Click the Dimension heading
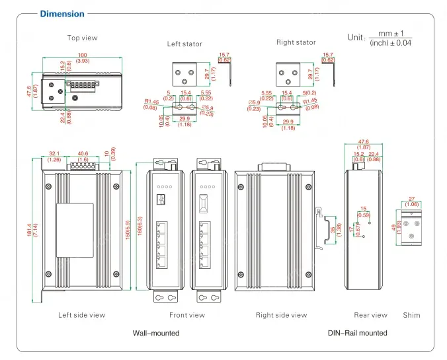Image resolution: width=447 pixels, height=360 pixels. click(62, 14)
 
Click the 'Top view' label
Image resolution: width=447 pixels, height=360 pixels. click(82, 38)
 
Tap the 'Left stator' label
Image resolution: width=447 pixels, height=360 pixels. click(184, 44)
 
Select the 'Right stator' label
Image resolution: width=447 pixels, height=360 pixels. click(296, 42)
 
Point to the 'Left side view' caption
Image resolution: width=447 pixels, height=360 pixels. click(82, 315)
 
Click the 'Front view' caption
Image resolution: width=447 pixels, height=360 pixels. click(187, 315)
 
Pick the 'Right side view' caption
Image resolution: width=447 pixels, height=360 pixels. click(282, 315)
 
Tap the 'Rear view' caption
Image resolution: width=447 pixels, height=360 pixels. click(370, 315)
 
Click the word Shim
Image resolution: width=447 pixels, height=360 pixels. click(411, 315)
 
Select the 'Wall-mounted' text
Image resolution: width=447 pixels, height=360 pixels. click(156, 333)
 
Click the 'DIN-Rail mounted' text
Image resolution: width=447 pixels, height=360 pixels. click(358, 333)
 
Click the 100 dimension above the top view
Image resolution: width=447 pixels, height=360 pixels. click(83, 55)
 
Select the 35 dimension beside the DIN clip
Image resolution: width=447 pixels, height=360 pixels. click(333, 230)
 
